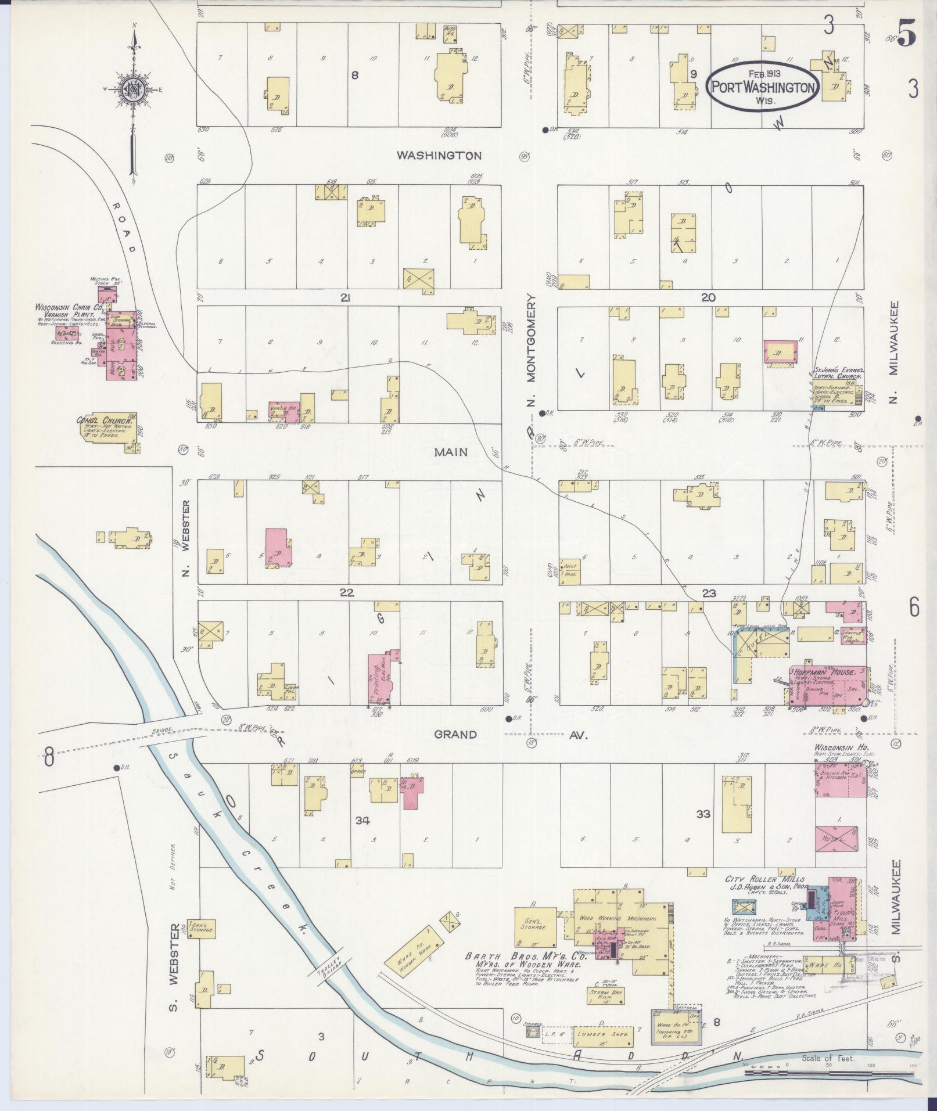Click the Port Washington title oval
point(763,86)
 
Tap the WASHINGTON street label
point(439,156)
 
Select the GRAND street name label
point(455,735)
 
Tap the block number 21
point(346,298)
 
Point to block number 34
point(363,820)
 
